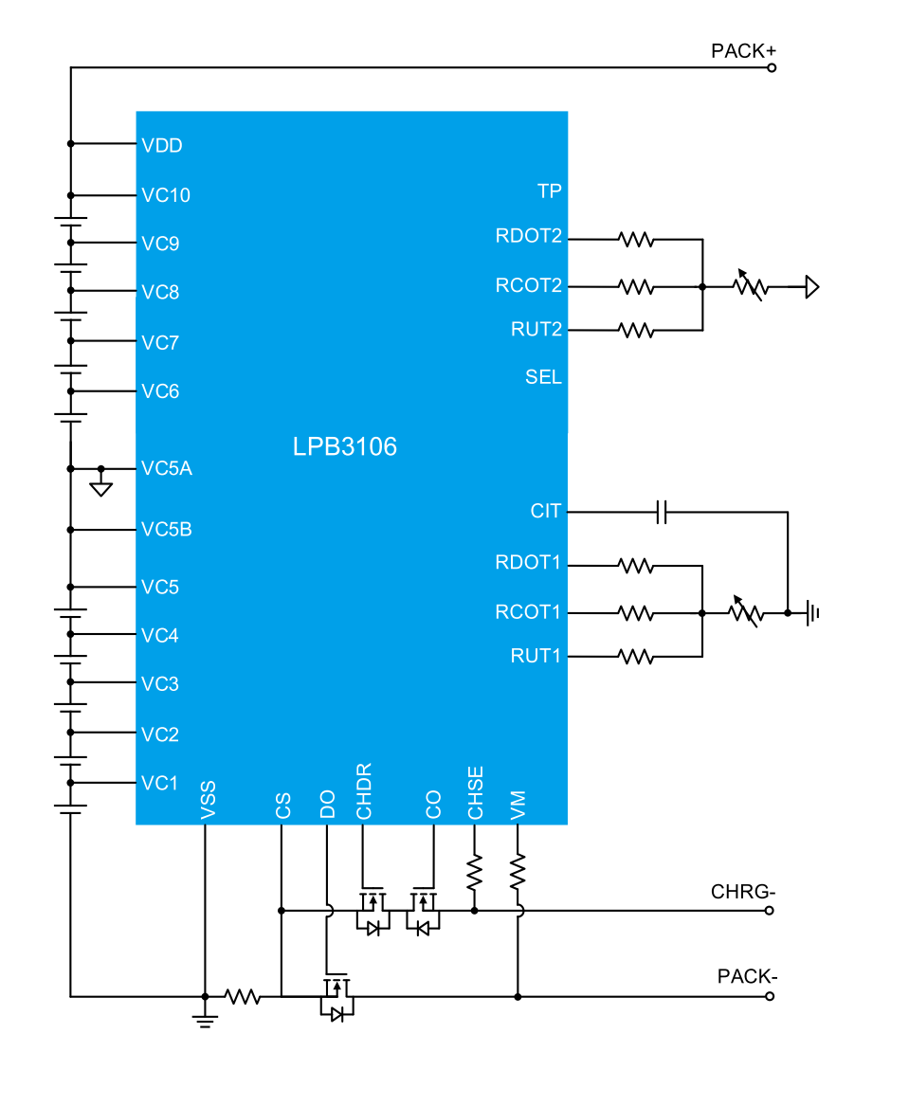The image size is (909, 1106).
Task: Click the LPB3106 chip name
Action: [344, 446]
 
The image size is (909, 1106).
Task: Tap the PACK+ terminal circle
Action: [772, 68]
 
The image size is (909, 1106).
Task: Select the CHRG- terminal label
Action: [731, 892]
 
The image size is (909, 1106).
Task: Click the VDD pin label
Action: [161, 145]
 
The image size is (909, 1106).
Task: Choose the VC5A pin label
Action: [167, 468]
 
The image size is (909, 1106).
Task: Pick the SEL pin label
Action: [543, 377]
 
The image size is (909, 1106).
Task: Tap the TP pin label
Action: [550, 190]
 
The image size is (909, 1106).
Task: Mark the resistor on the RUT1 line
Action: [636, 655]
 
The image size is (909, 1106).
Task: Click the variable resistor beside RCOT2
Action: [750, 285]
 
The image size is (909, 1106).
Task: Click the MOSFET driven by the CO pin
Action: [423, 911]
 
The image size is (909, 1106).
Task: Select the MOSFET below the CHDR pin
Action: [373, 911]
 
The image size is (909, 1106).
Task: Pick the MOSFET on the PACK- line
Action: [336, 997]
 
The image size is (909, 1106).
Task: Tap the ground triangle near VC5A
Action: [100, 488]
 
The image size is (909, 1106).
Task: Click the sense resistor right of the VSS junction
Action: [243, 996]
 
